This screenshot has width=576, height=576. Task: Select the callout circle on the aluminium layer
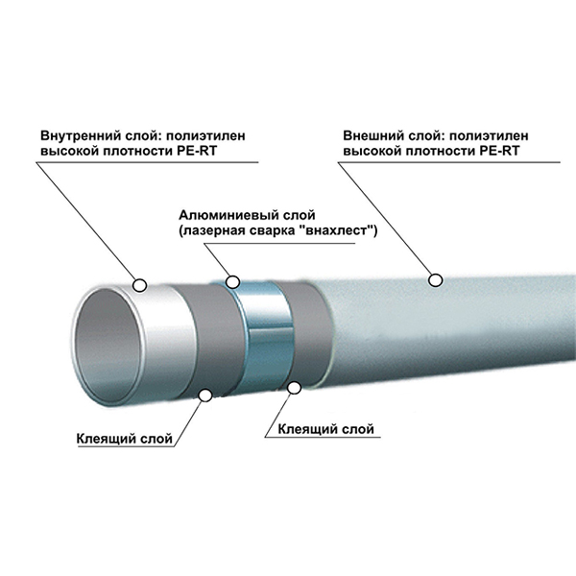point(230,281)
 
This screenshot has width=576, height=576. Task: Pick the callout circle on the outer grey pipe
point(435,279)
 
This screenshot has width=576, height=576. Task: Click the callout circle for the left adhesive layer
point(205,394)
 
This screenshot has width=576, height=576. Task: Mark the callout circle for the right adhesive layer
point(295,386)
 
